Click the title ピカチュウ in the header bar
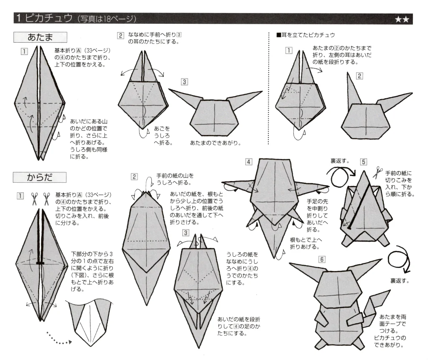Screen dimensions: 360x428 point(48,18)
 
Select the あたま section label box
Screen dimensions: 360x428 point(40,38)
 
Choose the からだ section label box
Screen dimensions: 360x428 point(40,177)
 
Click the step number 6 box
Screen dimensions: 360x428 point(322,259)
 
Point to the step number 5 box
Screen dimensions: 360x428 point(364,161)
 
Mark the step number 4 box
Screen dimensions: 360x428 point(249,162)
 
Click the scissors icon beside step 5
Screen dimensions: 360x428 point(378,171)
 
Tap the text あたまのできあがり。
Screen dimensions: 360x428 point(215,143)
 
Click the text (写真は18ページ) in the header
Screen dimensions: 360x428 point(107,19)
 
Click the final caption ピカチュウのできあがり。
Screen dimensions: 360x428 point(391,341)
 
